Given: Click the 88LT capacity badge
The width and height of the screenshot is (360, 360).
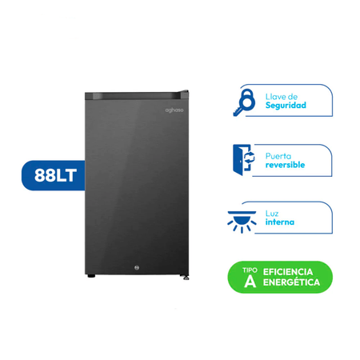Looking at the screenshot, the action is click(54, 175).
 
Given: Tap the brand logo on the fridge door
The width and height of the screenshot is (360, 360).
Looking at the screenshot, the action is click(174, 110).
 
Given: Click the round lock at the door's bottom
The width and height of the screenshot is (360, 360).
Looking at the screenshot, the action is click(137, 268).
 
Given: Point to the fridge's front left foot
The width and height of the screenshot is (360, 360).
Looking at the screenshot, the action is click(91, 276).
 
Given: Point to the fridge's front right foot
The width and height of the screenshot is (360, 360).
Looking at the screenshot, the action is click(186, 278).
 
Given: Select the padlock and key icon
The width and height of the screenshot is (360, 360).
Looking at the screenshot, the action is click(244, 102).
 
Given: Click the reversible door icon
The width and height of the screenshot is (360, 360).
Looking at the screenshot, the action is click(243, 160).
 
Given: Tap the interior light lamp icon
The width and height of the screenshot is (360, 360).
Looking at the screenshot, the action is click(242, 222).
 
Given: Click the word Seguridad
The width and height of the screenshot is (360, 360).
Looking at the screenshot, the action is click(286, 106).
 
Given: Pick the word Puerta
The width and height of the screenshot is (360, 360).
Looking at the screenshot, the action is click(278, 156).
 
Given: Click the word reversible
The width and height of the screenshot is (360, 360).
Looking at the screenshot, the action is click(285, 165).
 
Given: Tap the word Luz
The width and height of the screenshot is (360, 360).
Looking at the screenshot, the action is click(272, 214).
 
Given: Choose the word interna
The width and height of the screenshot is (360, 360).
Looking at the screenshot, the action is click(280, 222).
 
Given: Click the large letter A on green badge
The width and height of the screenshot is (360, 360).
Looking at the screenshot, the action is click(250, 281).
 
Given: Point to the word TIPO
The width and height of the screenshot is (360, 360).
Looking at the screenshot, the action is click(250, 270).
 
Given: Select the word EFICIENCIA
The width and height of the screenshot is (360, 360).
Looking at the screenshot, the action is click(288, 272).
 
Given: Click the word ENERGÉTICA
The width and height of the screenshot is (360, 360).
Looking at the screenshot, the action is click(291, 282).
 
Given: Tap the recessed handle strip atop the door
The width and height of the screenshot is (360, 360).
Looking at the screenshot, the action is click(133, 96).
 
